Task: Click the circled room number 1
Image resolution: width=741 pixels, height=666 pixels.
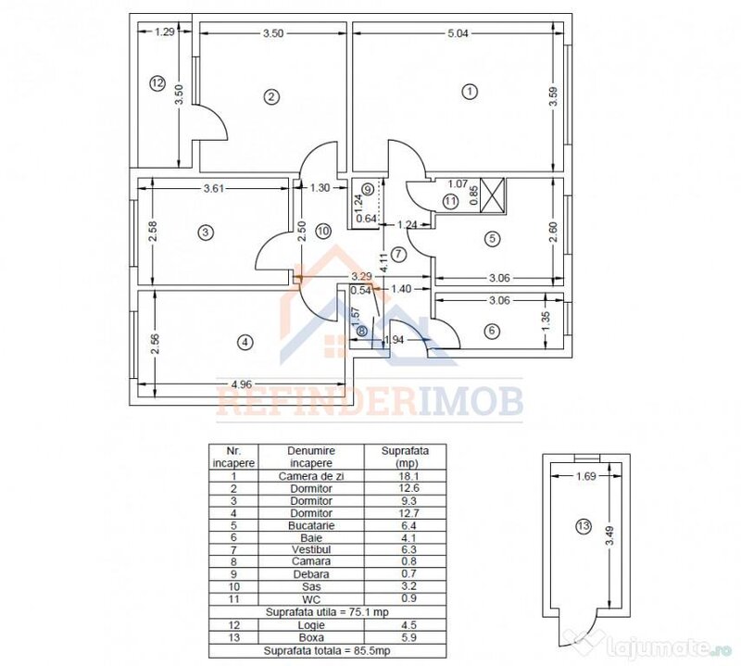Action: click(470, 91)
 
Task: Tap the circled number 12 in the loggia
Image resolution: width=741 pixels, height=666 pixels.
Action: click(157, 83)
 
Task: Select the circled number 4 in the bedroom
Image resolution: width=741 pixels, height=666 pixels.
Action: click(245, 342)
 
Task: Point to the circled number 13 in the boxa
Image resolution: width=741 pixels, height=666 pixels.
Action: click(584, 526)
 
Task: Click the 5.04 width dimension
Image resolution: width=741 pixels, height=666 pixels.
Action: click(458, 33)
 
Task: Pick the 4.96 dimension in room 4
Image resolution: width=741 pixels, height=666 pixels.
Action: click(241, 384)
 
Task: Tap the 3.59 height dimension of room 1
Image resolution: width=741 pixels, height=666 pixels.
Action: click(554, 97)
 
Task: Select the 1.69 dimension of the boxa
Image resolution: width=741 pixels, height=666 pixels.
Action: click(586, 476)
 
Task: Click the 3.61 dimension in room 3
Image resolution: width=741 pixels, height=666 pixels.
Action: click(214, 189)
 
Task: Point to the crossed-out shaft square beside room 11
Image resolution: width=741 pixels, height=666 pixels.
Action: click(493, 195)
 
